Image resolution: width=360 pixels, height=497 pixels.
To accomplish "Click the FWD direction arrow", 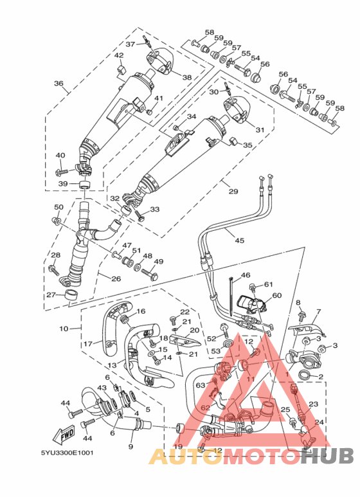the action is click(64, 435).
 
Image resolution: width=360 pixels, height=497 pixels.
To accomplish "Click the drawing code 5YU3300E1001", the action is click(67, 453).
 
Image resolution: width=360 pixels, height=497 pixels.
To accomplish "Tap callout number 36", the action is click(59, 84).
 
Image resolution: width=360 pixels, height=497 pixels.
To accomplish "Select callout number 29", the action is click(233, 191).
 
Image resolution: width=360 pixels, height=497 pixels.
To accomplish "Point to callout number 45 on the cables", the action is click(240, 240).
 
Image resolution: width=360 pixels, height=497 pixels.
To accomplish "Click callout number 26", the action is click(116, 278).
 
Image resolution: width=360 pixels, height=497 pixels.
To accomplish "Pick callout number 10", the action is click(64, 329).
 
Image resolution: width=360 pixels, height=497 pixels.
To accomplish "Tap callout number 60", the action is click(276, 295).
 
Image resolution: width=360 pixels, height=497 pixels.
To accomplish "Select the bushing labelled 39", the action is click(84, 184).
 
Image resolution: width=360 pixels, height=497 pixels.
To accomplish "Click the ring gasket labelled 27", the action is click(71, 294).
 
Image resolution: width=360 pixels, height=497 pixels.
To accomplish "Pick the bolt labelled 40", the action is click(62, 172).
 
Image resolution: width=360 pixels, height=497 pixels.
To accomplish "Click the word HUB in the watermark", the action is click(327, 455).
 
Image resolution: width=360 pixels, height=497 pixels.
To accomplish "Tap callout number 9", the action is click(130, 446).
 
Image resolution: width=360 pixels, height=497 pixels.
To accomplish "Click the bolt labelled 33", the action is click(139, 215).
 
